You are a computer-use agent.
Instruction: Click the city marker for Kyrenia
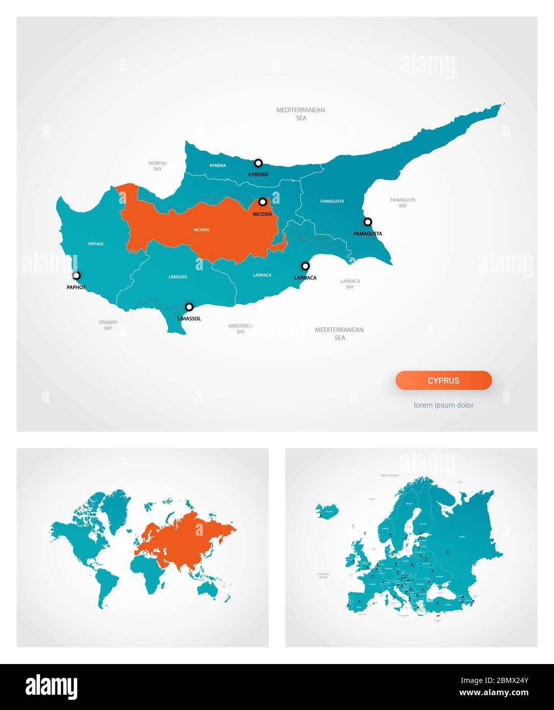click(258, 163)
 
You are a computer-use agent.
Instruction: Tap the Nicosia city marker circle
click(262, 202)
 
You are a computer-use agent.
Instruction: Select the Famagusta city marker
click(368, 222)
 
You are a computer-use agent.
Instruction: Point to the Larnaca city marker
click(305, 266)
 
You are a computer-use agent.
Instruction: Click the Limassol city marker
click(189, 307)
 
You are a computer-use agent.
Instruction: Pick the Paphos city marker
click(76, 276)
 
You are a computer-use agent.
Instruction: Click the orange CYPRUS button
click(444, 381)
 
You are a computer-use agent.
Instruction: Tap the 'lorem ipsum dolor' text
click(444, 405)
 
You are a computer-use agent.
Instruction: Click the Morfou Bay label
click(158, 166)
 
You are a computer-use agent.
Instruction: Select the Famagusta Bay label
click(403, 203)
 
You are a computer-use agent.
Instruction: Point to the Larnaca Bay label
click(350, 284)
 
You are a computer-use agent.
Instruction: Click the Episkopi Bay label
click(108, 325)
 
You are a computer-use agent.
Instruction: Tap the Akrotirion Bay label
click(240, 328)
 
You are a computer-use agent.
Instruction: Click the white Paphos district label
click(96, 244)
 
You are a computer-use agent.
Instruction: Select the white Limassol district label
click(178, 277)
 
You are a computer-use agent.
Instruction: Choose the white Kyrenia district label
click(217, 165)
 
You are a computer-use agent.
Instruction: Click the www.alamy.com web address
click(494, 693)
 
